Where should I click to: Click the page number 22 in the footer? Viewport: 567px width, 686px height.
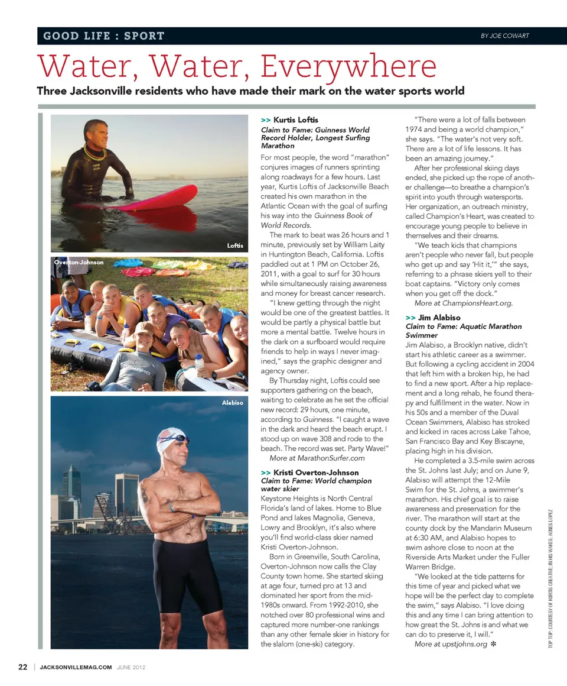(x=22, y=667)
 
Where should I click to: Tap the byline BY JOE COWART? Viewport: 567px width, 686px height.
(x=504, y=35)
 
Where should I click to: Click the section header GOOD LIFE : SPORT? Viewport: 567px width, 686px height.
(x=104, y=36)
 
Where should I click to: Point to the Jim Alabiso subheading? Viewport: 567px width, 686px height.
(x=439, y=318)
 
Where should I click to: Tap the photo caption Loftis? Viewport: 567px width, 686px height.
(x=235, y=245)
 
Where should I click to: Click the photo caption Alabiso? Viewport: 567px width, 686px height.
(x=232, y=403)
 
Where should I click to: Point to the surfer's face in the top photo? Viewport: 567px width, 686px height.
(x=97, y=135)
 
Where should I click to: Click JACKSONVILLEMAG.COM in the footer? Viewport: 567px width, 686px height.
(x=76, y=668)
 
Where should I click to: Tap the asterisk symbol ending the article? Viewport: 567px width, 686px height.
(x=494, y=643)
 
